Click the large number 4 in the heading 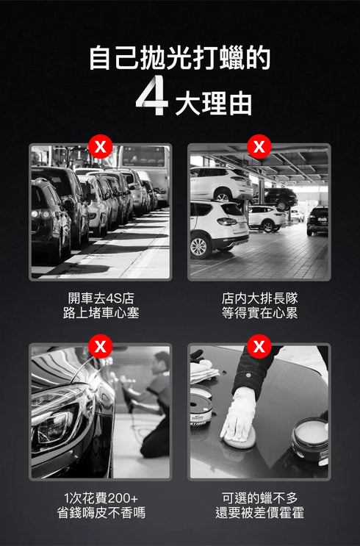(151, 98)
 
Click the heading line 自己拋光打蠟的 (180, 58)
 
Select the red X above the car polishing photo (100, 345)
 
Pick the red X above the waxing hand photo (259, 345)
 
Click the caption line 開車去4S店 (101, 298)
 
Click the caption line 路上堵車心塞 (101, 314)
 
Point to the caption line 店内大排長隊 (259, 298)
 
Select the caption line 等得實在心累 (259, 314)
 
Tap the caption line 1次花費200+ (101, 497)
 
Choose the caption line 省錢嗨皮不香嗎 (101, 513)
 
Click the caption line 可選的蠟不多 (259, 497)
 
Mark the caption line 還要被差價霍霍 (259, 513)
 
